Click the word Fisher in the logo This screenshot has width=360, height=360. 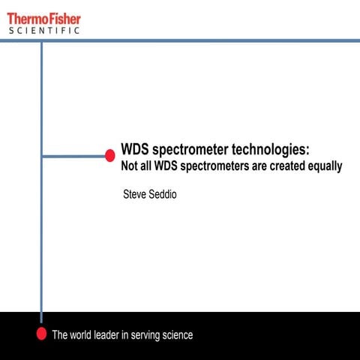point(63,17)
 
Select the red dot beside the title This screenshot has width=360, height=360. point(109,156)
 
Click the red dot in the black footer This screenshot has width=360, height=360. point(42,334)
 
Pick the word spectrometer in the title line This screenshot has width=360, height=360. point(190,149)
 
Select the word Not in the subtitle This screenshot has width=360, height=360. point(130,166)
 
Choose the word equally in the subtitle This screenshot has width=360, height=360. point(325,166)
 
